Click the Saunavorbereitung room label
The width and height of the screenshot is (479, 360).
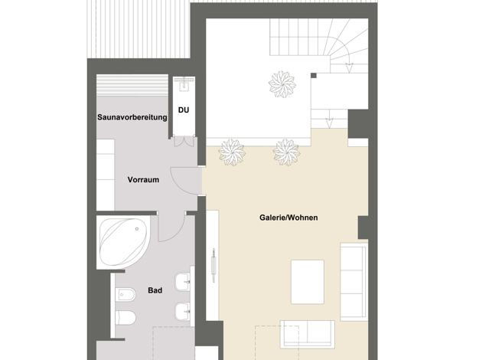coord(132,117)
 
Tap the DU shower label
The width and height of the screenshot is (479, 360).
coord(184,110)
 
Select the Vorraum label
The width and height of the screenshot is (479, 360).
coord(143,179)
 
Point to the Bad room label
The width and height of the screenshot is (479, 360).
coord(155,290)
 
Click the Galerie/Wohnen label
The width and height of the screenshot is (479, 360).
coord(288,218)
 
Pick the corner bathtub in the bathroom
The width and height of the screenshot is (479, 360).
coord(123,242)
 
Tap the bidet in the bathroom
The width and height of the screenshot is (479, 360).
coord(125,295)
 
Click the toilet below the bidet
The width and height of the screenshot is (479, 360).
coord(125,318)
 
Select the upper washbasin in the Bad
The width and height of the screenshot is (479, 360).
coord(183,282)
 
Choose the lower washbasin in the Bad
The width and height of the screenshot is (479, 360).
coord(183,312)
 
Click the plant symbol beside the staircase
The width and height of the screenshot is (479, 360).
coord(282,84)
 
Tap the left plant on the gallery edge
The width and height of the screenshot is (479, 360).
coord(232,152)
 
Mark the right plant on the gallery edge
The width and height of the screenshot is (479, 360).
coord(286,152)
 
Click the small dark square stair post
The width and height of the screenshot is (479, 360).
coord(314,76)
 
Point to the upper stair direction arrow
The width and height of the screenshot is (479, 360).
coord(349,67)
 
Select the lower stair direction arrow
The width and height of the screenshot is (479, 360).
coord(329,123)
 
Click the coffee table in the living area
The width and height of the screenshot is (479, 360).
coord(308,282)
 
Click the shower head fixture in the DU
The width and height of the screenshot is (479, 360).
coord(184,83)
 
